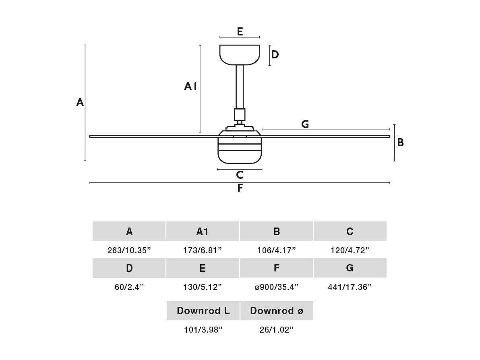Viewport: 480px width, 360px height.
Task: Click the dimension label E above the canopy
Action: click(240, 31)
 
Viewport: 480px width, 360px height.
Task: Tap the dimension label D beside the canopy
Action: click(275, 54)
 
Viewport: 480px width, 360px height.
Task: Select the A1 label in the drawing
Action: click(190, 86)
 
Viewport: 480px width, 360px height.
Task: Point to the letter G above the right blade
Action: click(305, 124)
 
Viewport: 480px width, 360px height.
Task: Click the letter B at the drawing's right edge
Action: click(400, 142)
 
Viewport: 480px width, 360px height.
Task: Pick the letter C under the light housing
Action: click(240, 175)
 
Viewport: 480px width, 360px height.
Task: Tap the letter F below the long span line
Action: click(240, 188)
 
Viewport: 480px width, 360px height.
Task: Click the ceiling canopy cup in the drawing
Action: click(240, 55)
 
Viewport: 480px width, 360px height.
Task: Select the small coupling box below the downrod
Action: click(240, 114)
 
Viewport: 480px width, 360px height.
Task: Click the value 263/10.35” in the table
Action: click(129, 250)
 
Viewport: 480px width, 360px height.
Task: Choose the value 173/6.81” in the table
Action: click(202, 250)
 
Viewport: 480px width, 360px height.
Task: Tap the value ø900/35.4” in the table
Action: click(276, 287)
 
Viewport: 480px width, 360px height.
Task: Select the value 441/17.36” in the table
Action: click(350, 287)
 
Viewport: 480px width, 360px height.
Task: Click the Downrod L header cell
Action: click(203, 311)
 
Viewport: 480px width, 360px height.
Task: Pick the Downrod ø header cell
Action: click(277, 311)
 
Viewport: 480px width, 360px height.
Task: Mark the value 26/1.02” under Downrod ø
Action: click(276, 330)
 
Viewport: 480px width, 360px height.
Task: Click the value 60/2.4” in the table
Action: click(129, 287)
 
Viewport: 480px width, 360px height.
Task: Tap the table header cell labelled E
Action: click(202, 268)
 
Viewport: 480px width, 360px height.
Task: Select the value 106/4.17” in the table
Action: click(276, 250)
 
